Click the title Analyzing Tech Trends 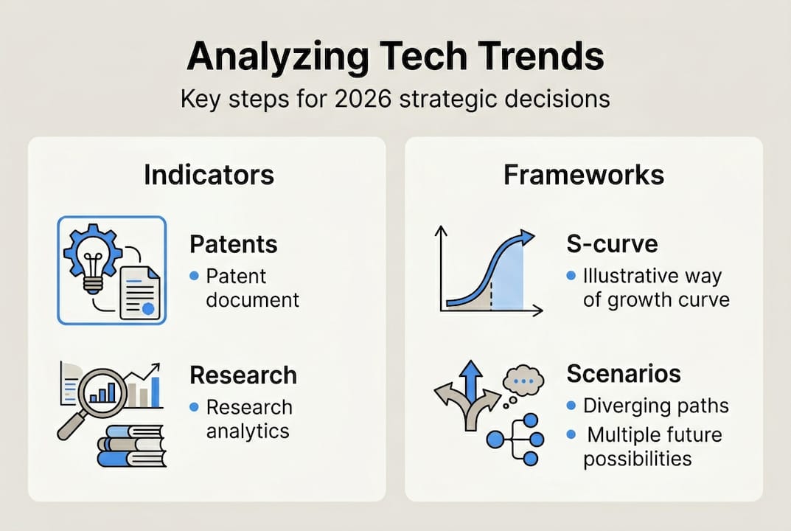tap(395, 57)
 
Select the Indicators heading tap(209, 175)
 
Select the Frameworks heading tap(583, 175)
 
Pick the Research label tap(243, 375)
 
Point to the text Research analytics tap(248, 419)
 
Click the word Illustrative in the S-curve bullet tap(626, 276)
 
